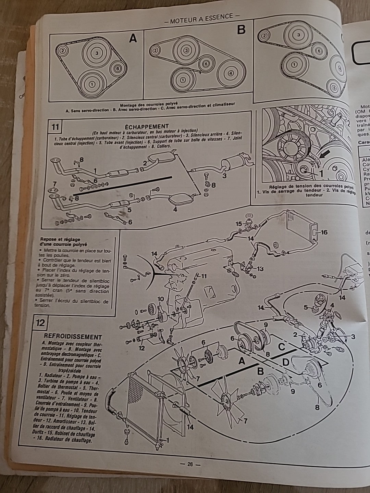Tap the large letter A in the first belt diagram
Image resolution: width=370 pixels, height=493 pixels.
coord(133,38)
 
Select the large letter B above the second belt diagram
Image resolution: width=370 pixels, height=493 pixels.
coord(241,30)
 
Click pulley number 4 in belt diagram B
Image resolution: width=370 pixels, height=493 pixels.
coord(230,73)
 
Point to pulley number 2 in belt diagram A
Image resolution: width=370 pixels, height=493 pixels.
coord(63,51)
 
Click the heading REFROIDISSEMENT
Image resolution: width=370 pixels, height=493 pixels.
coord(73,337)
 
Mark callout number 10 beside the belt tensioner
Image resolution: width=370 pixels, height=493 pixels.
coord(161,299)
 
